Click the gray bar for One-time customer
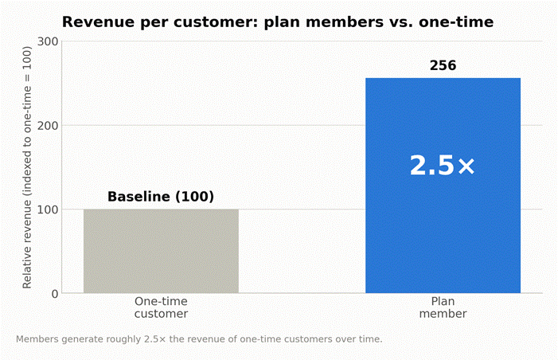click(x=161, y=251)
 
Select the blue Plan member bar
click(x=443, y=186)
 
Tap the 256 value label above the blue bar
click(x=443, y=65)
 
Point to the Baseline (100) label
click(x=161, y=197)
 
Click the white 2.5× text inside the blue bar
click(x=443, y=165)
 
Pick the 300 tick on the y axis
click(x=48, y=41)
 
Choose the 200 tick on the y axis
click(x=48, y=125)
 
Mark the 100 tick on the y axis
click(x=48, y=209)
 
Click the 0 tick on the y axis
click(x=55, y=294)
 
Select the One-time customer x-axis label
click(x=161, y=307)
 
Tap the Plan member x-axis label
click(x=443, y=307)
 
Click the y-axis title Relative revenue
click(x=27, y=167)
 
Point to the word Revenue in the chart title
click(x=98, y=22)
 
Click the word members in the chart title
click(x=344, y=22)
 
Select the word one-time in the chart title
click(x=456, y=22)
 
